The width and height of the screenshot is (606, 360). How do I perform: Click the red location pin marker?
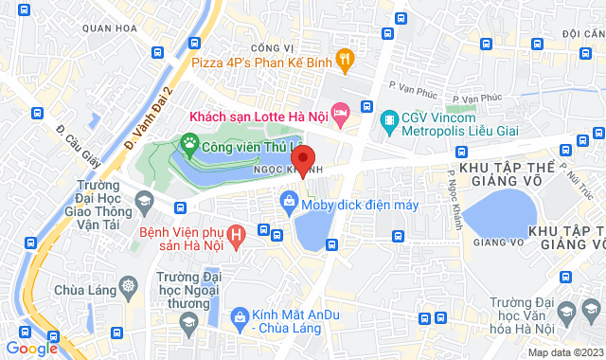(302, 158)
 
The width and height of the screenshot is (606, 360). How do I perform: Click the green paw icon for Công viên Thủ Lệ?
(189, 146)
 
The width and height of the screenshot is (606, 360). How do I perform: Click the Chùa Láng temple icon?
(127, 284)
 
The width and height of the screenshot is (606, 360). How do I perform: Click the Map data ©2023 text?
(563, 352)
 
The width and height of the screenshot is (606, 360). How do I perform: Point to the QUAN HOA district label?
(104, 28)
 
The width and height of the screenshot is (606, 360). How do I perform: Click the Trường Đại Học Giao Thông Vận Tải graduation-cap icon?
(144, 200)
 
